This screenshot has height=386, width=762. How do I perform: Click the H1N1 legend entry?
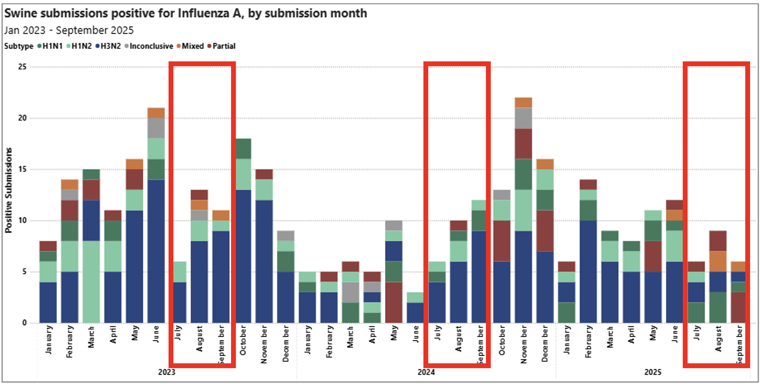52,46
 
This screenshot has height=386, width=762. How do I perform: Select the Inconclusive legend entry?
151,46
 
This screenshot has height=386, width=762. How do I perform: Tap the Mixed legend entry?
192,46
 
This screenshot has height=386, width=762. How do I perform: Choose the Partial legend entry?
224,46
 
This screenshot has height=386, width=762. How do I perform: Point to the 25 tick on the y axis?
22,67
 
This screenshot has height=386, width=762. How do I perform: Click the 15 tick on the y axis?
22,170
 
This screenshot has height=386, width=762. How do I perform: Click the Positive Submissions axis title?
9,190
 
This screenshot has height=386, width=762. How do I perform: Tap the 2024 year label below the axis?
426,372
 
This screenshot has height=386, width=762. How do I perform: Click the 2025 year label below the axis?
653,372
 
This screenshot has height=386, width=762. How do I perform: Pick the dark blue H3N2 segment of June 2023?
156,251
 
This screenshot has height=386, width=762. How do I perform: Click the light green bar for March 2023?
91,282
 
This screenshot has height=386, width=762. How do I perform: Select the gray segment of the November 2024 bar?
523,118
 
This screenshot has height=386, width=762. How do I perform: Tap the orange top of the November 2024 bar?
523,102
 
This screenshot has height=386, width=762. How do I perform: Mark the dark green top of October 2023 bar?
243,149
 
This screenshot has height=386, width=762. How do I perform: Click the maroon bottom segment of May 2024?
394,302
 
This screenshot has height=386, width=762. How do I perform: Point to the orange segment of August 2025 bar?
718,261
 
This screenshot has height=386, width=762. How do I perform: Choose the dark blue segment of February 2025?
588,271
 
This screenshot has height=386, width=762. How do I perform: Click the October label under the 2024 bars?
502,340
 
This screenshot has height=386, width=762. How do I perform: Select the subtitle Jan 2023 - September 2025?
69,30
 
